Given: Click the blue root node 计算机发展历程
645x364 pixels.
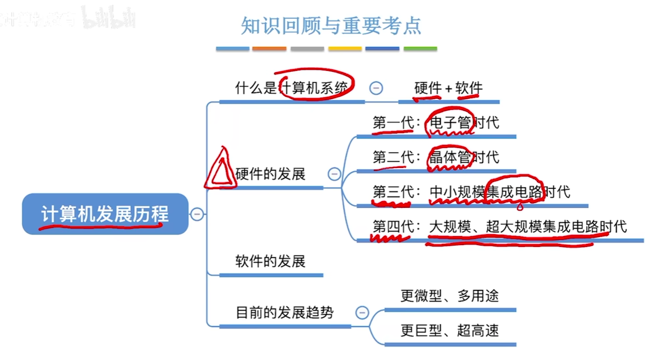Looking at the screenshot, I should (x=105, y=214).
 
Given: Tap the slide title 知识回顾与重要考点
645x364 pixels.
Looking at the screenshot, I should (x=331, y=26).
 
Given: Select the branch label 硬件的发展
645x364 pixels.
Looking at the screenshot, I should (x=270, y=174).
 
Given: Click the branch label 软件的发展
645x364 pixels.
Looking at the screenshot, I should (x=270, y=261).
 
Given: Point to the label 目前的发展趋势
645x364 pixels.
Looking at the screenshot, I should (x=285, y=313).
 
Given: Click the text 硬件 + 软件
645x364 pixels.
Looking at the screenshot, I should (x=448, y=88).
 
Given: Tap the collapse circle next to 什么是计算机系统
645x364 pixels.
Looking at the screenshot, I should (x=376, y=88).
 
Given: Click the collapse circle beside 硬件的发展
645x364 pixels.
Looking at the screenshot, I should (x=334, y=174).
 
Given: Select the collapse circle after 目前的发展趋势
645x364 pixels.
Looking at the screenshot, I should (x=362, y=313).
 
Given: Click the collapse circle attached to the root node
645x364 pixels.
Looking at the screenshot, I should (x=197, y=214).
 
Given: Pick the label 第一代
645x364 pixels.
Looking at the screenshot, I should (x=393, y=123).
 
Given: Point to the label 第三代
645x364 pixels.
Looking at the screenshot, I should (x=393, y=192).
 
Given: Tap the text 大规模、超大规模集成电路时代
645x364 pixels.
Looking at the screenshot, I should (x=528, y=226).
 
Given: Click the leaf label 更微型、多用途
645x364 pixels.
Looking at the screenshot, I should (x=450, y=296).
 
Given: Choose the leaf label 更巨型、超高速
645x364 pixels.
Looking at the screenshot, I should (x=450, y=330).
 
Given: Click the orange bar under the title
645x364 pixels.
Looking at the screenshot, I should (x=269, y=49).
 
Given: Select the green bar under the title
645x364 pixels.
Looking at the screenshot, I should (x=420, y=49).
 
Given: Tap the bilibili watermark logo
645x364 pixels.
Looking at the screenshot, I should (x=109, y=18).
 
